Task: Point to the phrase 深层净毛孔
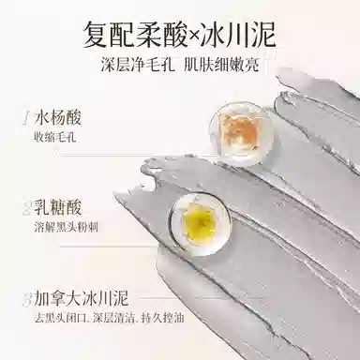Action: click(x=138, y=66)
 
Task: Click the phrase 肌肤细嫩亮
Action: click(x=222, y=66)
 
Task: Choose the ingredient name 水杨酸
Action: click(x=58, y=118)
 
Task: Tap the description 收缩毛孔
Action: click(x=55, y=138)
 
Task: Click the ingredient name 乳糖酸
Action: click(x=58, y=207)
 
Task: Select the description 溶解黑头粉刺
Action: click(x=66, y=227)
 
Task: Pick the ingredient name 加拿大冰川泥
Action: click(x=82, y=298)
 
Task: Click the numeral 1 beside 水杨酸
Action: click(x=26, y=119)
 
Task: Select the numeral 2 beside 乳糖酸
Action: click(x=27, y=209)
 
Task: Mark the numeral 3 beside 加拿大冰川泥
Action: click(x=27, y=299)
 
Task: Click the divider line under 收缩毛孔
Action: click(x=137, y=155)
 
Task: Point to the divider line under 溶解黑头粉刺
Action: click(x=115, y=247)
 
